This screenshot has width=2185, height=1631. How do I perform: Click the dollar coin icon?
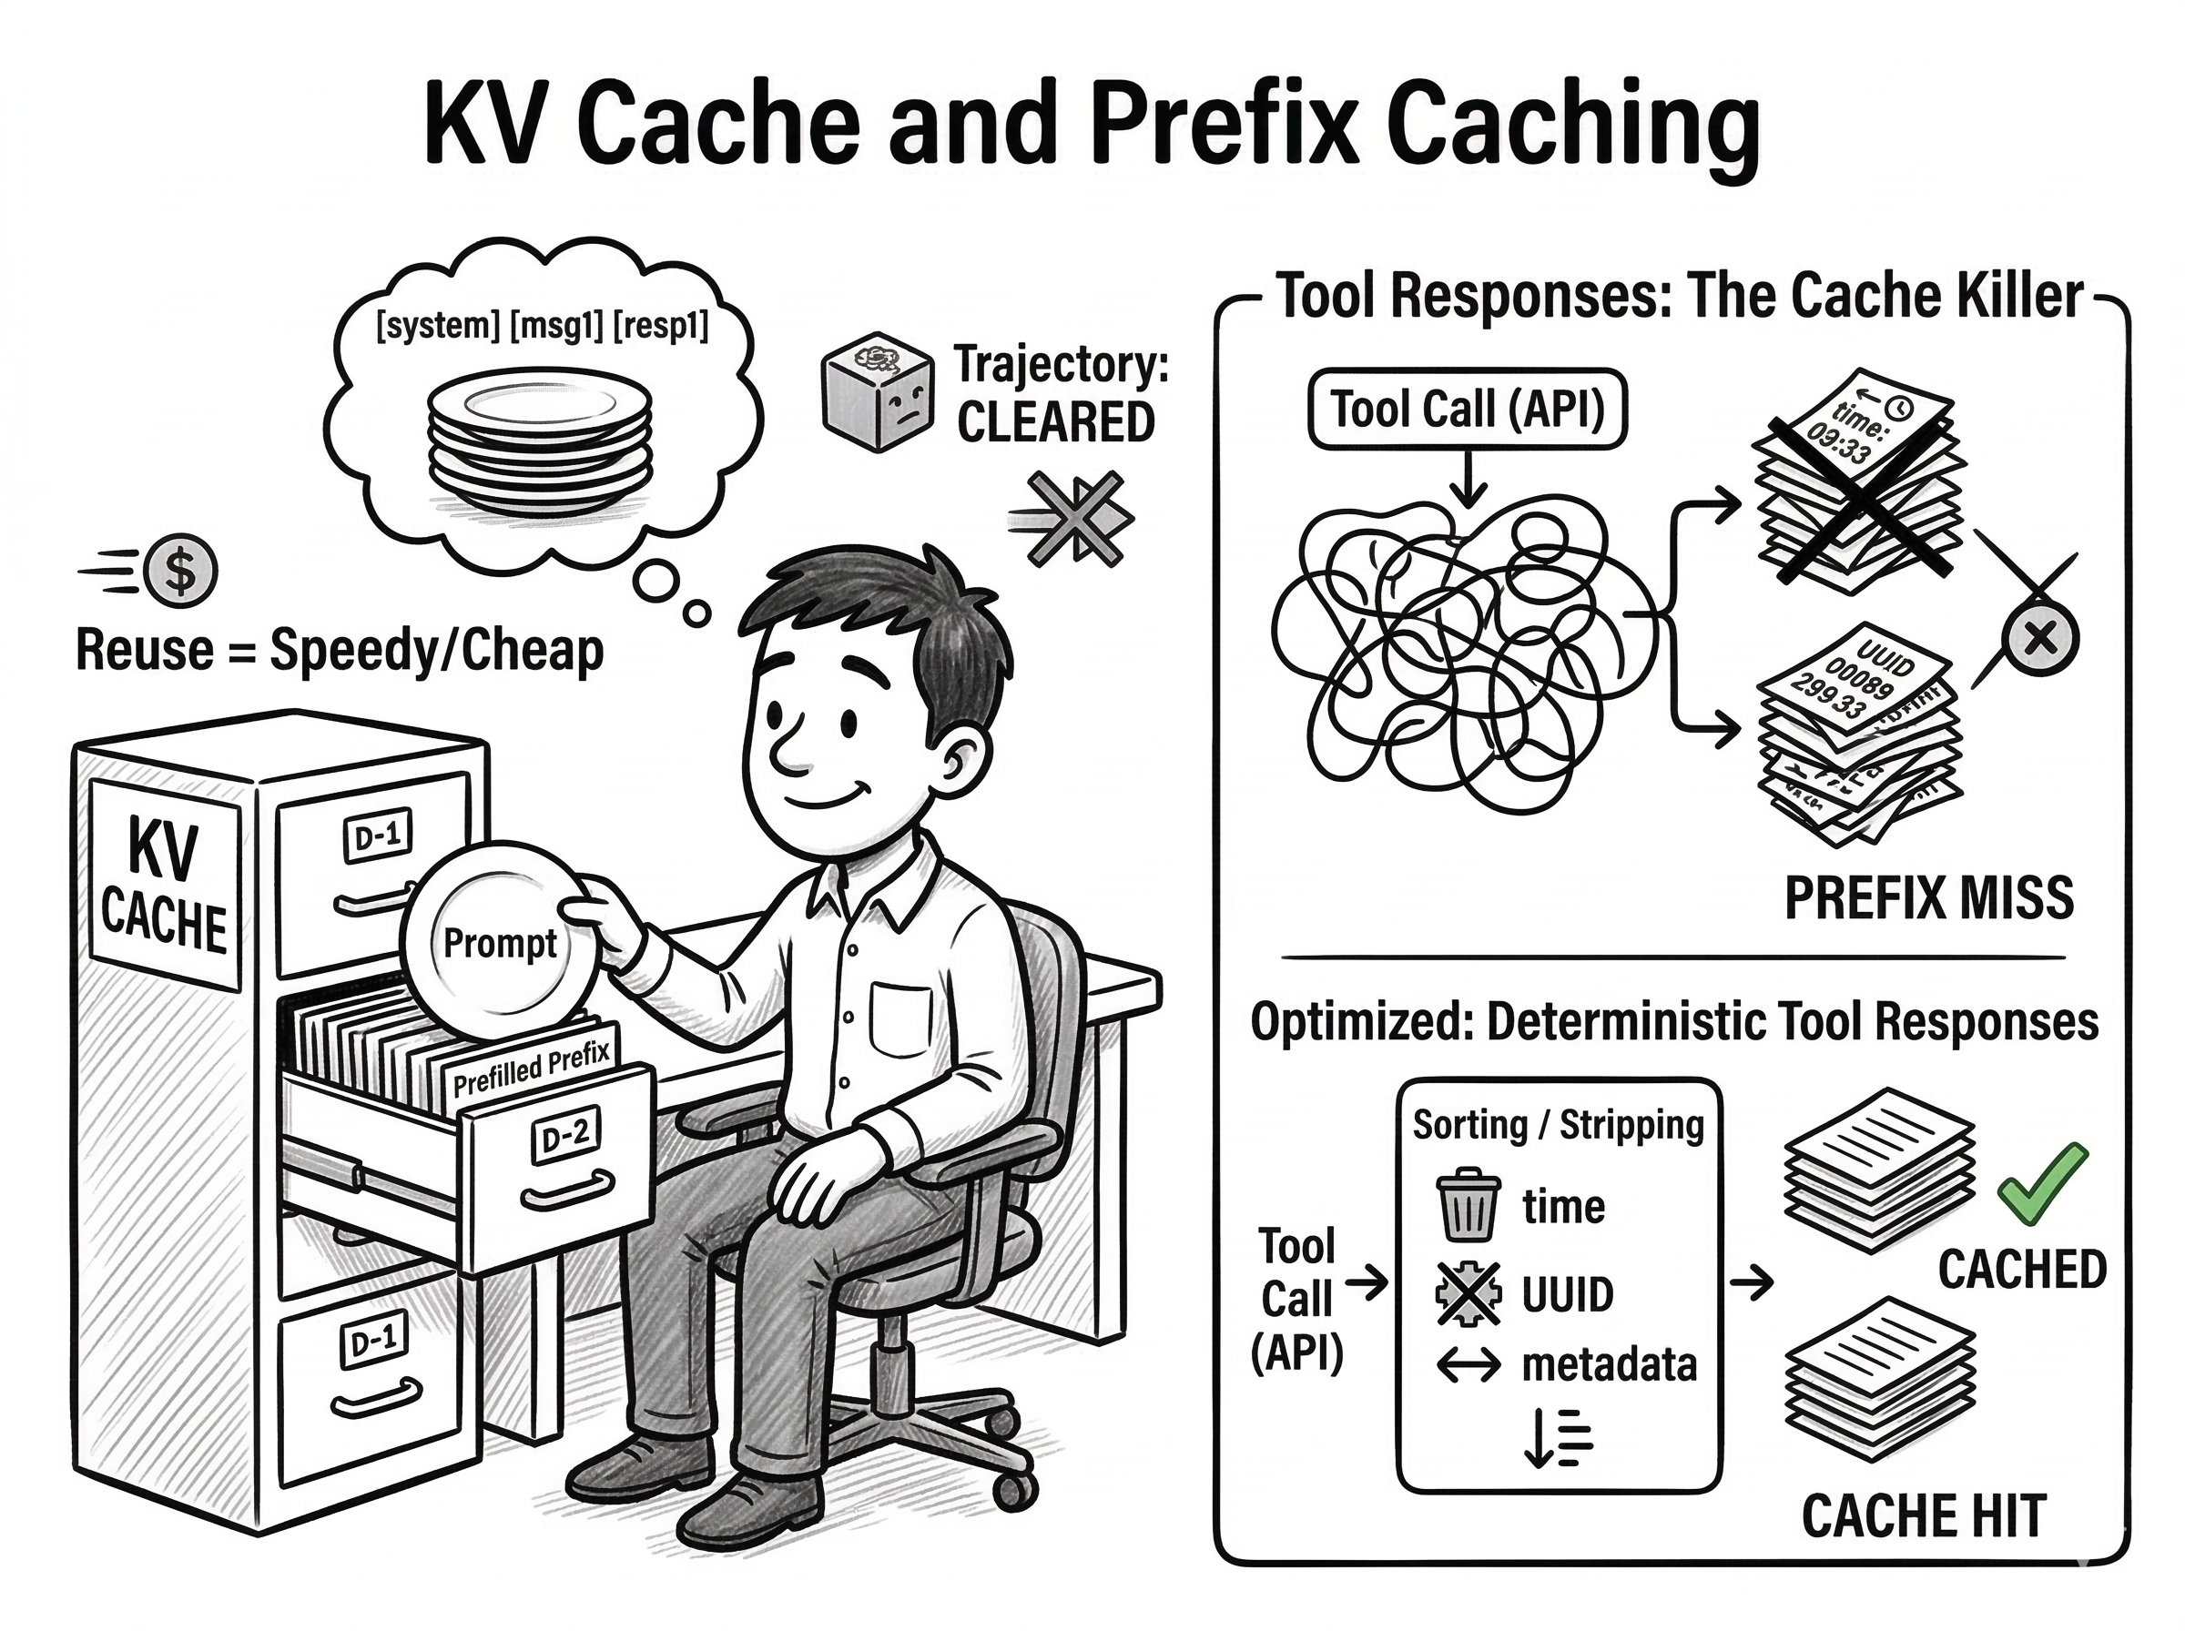[x=179, y=571]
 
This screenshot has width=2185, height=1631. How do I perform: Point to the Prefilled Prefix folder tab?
[x=531, y=1069]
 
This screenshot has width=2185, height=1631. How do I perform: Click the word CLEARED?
[x=1055, y=423]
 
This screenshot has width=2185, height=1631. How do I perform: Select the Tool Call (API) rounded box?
[x=1466, y=409]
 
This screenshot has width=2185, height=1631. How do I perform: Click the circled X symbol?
[x=2040, y=640]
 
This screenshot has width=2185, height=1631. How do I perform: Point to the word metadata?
[x=1610, y=1364]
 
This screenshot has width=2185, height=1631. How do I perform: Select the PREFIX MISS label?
[x=1928, y=898]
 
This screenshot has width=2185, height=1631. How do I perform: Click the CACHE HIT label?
[x=1923, y=1515]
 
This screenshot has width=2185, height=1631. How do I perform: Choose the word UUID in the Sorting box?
[x=1567, y=1294]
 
